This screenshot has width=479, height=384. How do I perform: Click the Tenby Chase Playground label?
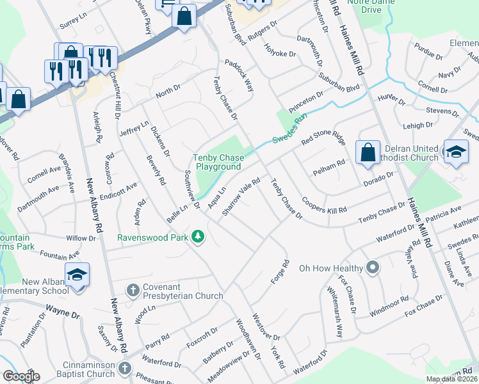[217, 162]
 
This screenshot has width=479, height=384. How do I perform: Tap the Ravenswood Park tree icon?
[199, 237]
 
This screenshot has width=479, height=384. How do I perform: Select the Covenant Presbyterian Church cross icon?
[133, 291]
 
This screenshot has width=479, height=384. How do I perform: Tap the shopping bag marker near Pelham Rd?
[368, 153]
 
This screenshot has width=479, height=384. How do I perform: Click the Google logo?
[21, 376]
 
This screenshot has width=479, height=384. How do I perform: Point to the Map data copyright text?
[451, 379]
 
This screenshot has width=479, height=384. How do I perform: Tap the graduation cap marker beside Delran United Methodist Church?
[455, 152]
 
